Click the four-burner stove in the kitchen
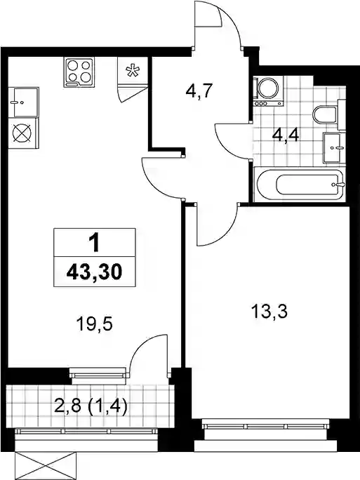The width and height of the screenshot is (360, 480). click(79, 72)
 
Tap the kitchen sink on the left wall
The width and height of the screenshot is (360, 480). click(24, 102)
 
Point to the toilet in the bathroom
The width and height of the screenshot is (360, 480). click(325, 115)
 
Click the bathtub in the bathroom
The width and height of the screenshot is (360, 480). click(300, 185)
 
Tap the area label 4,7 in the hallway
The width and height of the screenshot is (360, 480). click(199, 91)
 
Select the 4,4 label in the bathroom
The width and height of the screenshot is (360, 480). click(286, 135)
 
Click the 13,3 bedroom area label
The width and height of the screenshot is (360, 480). click(269, 312)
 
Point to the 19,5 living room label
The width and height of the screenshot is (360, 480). click(95, 324)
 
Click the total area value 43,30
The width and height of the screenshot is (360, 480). click(94, 272)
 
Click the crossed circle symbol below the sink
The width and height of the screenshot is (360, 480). click(22, 133)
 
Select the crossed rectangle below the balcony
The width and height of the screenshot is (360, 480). click(45, 465)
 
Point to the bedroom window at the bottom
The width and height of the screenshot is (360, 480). click(266, 427)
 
